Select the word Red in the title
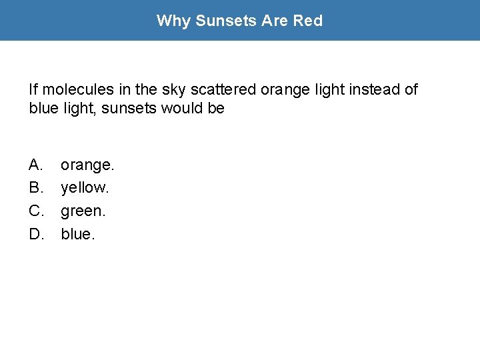point(308,21)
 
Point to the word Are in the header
point(275,21)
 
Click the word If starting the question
point(33,89)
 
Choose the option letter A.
point(36,164)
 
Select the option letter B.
point(36,187)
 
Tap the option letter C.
point(36,211)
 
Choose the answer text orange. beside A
point(87,165)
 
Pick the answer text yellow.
point(85,188)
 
